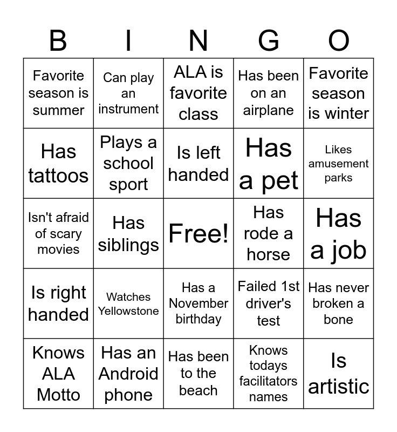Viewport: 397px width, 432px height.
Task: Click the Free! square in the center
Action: [198, 233]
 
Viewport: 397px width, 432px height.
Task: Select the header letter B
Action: [58, 41]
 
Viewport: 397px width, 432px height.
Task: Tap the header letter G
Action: [269, 41]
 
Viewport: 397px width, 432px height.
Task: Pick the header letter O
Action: [339, 41]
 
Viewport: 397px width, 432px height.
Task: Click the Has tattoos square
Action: [58, 163]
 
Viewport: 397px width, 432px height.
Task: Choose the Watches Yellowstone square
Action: [128, 303]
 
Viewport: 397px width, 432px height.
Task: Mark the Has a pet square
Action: [269, 163]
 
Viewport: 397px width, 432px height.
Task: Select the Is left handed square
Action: [198, 163]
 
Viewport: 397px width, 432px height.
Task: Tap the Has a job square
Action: [339, 233]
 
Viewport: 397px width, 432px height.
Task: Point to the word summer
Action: [58, 110]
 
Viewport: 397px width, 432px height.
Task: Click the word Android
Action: [128, 374]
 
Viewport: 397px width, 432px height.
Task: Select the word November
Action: [198, 303]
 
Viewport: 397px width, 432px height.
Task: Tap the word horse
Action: [269, 254]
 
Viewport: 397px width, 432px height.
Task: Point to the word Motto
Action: [58, 395]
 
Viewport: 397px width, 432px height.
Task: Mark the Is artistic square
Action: [339, 374]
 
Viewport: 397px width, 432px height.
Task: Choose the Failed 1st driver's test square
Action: [269, 303]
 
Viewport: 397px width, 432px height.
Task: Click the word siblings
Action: [128, 245]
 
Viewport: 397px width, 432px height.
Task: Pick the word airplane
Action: [269, 110]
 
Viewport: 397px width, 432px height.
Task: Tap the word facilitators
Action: [269, 381]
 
